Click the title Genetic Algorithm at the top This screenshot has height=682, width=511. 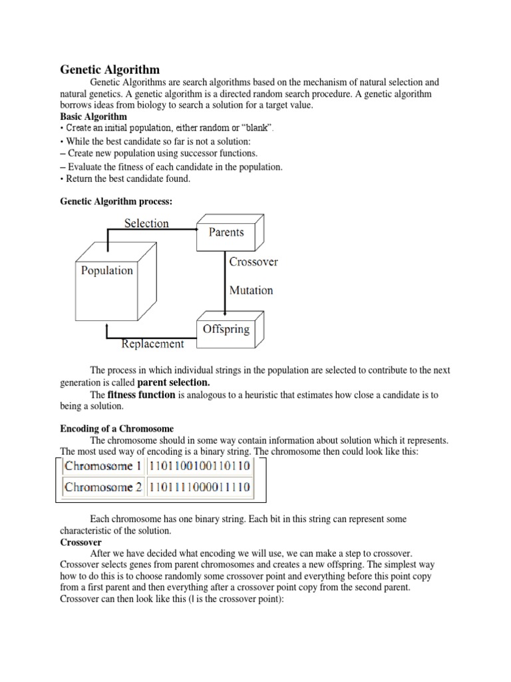[110, 69]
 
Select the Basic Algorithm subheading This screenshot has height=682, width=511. [93, 117]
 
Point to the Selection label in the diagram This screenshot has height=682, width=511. [146, 223]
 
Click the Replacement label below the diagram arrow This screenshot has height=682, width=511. [152, 344]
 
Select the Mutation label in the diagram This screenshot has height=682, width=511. [251, 290]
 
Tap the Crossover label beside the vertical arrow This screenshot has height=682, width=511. [253, 262]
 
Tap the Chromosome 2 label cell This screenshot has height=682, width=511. [102, 487]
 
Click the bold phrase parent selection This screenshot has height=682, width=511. [173, 382]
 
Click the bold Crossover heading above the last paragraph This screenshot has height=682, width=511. [80, 543]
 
